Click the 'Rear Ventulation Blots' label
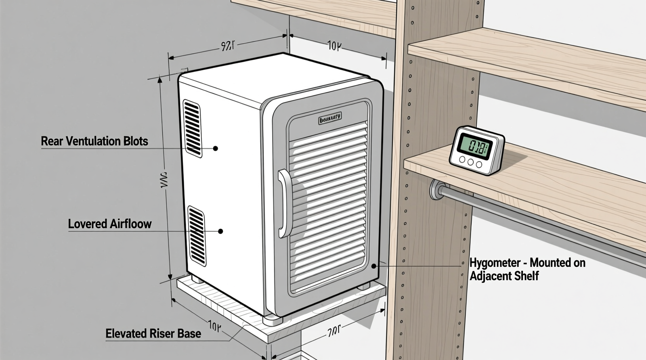(x=94, y=141)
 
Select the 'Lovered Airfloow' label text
(x=110, y=224)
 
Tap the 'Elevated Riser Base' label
(x=153, y=334)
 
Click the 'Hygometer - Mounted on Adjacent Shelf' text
(x=527, y=269)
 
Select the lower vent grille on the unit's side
(x=197, y=236)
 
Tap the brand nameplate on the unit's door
(x=330, y=118)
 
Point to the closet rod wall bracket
(x=436, y=189)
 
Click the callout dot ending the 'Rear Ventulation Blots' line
(x=216, y=149)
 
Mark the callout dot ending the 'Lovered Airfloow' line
(x=220, y=231)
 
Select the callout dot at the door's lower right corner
(x=374, y=266)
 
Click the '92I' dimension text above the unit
(x=227, y=46)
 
